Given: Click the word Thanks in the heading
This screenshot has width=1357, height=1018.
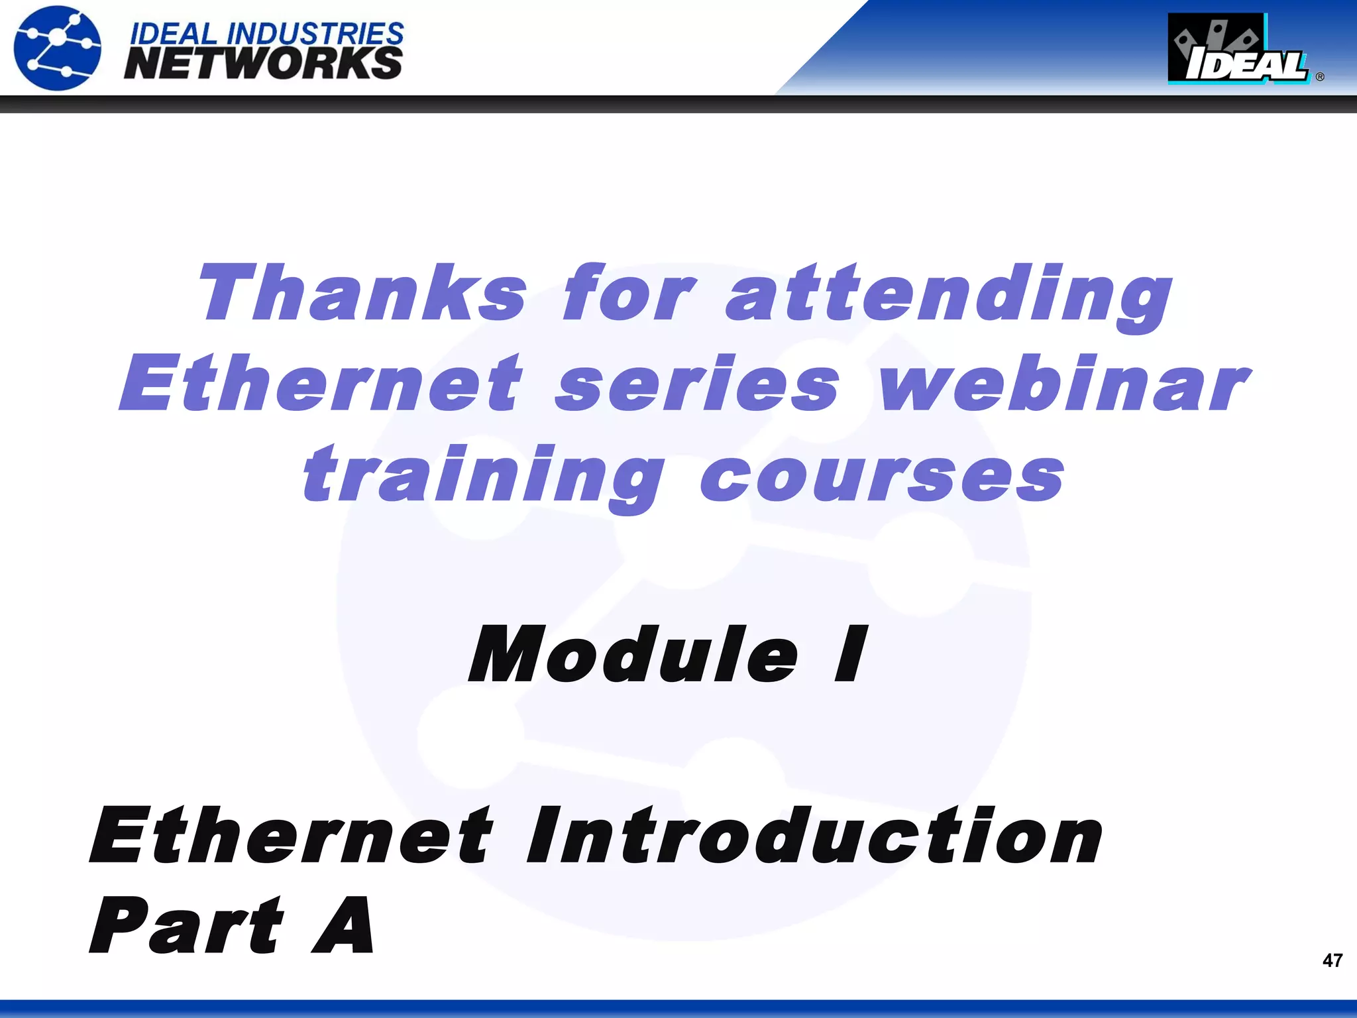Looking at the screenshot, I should point(363,292).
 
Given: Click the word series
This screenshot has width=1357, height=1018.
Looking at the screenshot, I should point(697,384).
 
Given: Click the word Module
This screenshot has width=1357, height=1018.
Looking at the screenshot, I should point(633,655).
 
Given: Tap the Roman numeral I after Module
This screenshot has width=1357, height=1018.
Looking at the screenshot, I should point(851,655).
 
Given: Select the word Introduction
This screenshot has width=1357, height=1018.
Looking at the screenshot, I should point(814,836).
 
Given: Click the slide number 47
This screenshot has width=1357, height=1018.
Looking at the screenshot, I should point(1332,960).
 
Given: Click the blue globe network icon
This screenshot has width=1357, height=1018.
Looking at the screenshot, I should point(58,48).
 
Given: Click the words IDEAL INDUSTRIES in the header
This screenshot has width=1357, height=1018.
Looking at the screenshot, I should point(266,33).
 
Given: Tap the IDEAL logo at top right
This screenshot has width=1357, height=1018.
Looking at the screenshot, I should point(1238,50).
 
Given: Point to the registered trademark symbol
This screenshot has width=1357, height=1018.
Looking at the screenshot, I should point(1320,77).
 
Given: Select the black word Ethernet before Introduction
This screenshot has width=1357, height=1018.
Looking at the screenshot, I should point(292,836).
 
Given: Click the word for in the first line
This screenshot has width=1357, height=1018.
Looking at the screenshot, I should point(628,292).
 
